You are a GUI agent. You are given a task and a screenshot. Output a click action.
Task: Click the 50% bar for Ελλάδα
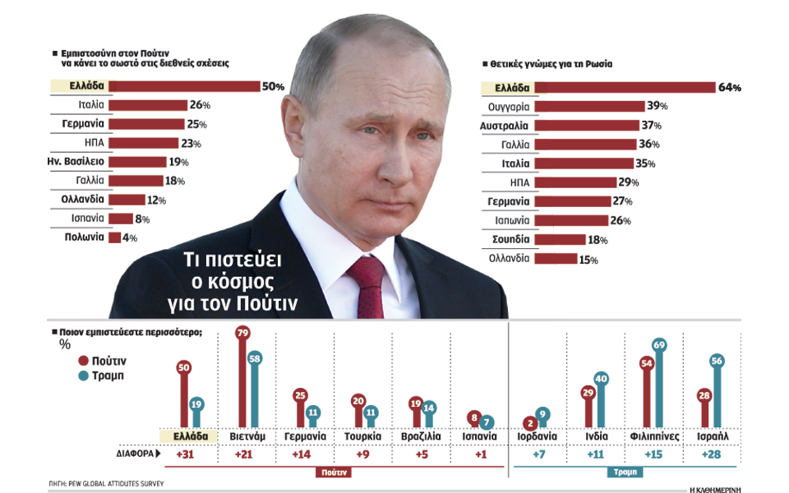pyautogui.click(x=185, y=86)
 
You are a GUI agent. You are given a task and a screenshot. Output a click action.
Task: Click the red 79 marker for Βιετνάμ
pyautogui.click(x=242, y=333)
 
